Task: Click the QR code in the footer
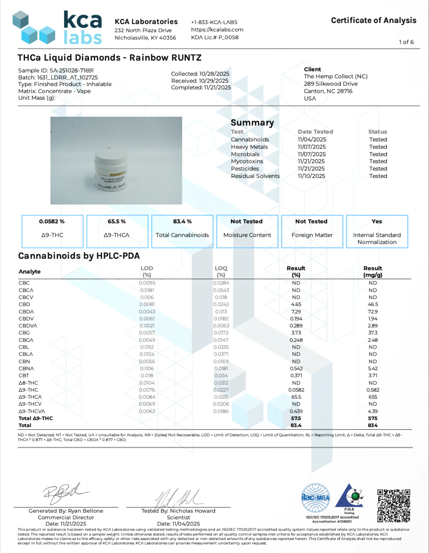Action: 394,505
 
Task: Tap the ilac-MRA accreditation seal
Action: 315,498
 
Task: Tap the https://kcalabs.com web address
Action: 217,30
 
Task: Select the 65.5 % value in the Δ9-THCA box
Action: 117,221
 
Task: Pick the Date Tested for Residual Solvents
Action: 311,176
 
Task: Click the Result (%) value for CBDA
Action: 296,311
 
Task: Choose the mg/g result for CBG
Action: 373,333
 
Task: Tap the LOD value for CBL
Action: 147,347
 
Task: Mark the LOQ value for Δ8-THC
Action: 221,383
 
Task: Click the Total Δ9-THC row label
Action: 36,418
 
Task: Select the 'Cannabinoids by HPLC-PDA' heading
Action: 79,256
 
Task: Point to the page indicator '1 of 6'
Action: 406,42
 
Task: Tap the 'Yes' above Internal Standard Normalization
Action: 377,221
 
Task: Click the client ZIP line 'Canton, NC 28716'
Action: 328,91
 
